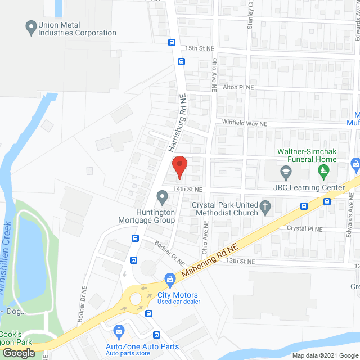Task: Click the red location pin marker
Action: point(179,165)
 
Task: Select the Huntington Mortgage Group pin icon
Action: point(162,197)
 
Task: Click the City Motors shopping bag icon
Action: point(168,279)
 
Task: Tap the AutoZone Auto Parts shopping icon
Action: point(118,330)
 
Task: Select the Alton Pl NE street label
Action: point(238,88)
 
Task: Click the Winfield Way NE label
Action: point(244,124)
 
